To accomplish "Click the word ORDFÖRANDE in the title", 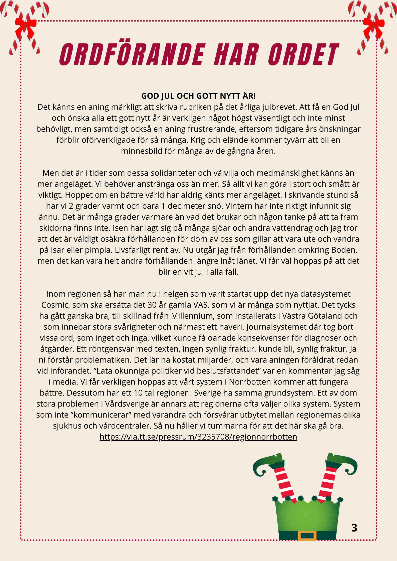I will click(132, 54).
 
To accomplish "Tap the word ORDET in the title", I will click(303, 54).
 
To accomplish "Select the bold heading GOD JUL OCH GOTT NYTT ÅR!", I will click(198, 96).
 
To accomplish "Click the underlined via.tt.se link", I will click(198, 437).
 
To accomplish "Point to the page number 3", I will click(354, 528).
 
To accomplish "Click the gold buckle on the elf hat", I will click(307, 536).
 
